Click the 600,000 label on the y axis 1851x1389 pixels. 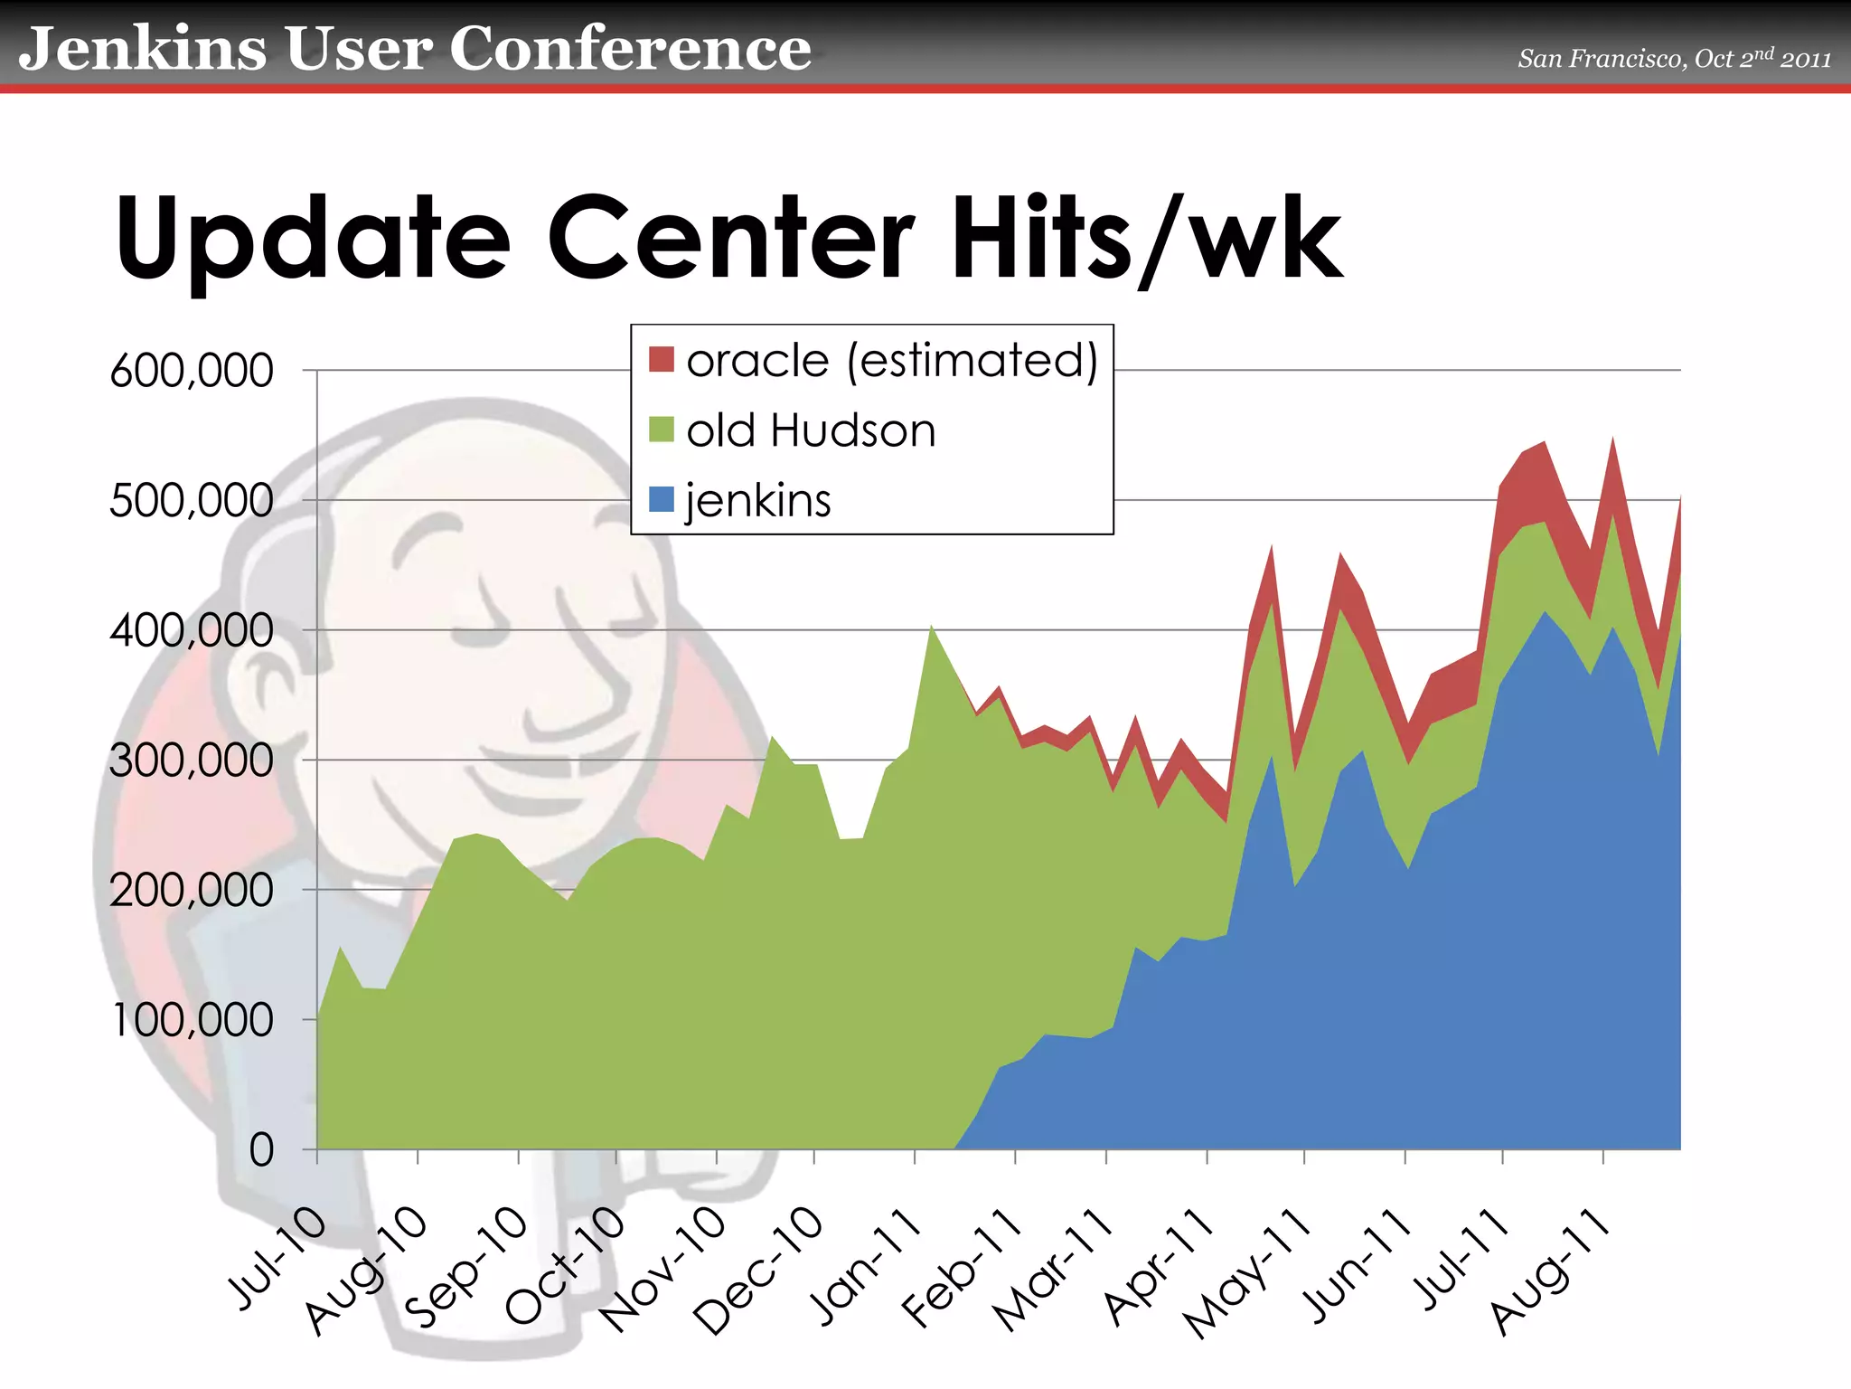coord(191,371)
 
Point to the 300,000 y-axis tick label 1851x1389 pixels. coord(191,761)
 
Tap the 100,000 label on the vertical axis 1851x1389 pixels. coord(193,1020)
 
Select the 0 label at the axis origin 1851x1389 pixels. coord(261,1151)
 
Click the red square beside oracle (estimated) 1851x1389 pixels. coord(662,360)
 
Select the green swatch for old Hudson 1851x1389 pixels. coord(662,430)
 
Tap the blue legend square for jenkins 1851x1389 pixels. coord(662,499)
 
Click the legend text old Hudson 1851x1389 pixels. coord(811,430)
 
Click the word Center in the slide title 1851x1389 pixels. coord(730,239)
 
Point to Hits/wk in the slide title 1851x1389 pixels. coord(1146,239)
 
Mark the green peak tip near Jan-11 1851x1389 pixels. coord(932,626)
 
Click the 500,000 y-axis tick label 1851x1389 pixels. coord(191,501)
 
